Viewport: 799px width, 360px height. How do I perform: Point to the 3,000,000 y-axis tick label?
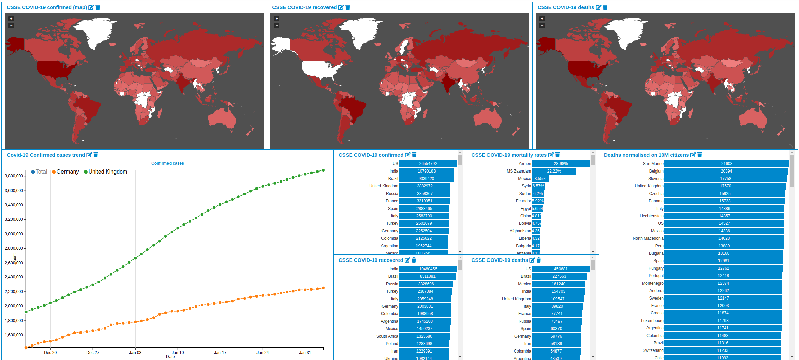14,234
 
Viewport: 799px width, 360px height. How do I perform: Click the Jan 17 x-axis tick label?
220,353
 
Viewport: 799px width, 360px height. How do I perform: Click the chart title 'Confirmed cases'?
167,163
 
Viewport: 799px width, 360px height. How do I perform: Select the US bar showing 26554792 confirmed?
428,164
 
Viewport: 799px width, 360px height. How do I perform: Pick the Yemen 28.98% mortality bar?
561,164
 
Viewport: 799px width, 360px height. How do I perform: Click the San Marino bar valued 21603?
726,164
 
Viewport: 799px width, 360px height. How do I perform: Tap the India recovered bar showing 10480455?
428,269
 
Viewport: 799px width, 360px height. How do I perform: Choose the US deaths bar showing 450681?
561,269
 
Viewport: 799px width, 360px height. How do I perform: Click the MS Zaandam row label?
518,171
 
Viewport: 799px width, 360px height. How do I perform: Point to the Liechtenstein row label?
651,216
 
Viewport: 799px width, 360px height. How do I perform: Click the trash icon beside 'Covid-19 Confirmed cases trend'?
96,155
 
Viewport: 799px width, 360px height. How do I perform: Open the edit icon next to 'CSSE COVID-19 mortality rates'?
551,155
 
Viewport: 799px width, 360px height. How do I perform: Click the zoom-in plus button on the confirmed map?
11,19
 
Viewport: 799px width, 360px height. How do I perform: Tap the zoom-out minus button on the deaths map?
542,25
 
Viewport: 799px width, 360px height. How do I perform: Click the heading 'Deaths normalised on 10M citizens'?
646,155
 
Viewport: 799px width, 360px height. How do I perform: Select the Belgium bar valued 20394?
726,171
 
